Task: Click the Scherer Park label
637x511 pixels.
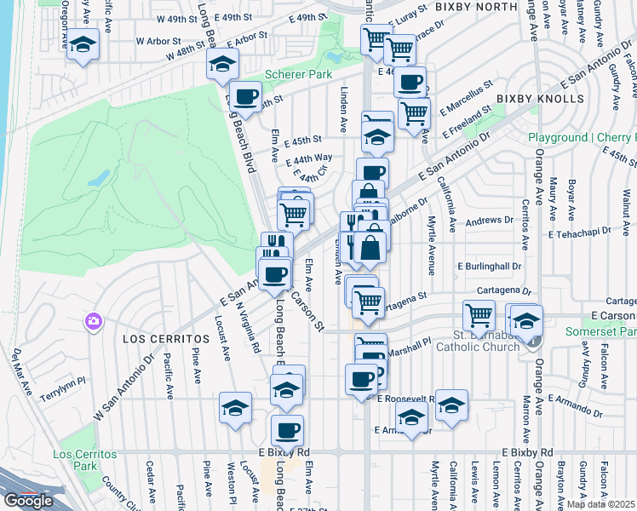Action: tap(298, 75)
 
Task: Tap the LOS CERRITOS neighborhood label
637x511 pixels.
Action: tap(153, 339)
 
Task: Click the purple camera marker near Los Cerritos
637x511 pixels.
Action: tap(93, 322)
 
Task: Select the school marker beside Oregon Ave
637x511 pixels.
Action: tap(83, 44)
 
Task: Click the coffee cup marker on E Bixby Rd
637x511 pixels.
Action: tap(287, 429)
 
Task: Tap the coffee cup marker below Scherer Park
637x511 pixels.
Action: tap(246, 96)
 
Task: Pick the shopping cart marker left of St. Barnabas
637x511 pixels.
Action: tap(479, 314)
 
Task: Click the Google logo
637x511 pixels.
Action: tap(28, 501)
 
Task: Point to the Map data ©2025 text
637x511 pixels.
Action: tap(600, 504)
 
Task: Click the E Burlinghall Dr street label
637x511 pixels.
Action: tap(487, 266)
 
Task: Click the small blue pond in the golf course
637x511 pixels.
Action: tap(99, 178)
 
